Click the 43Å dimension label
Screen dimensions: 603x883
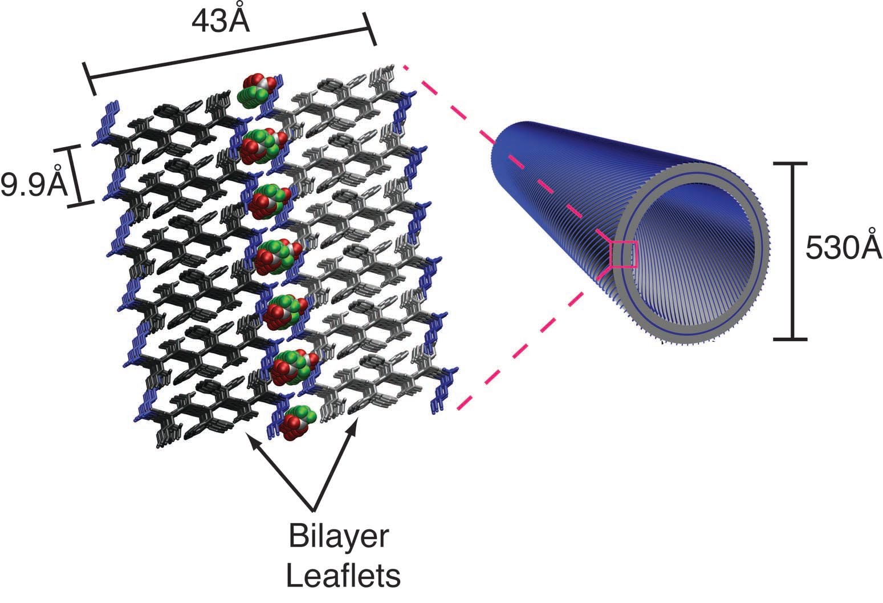pos(221,21)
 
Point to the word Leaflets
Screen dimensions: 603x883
pos(343,576)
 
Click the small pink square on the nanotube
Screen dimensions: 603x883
pos(623,254)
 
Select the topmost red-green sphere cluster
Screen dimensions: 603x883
pos(257,90)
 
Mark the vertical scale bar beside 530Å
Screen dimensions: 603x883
pos(792,251)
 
